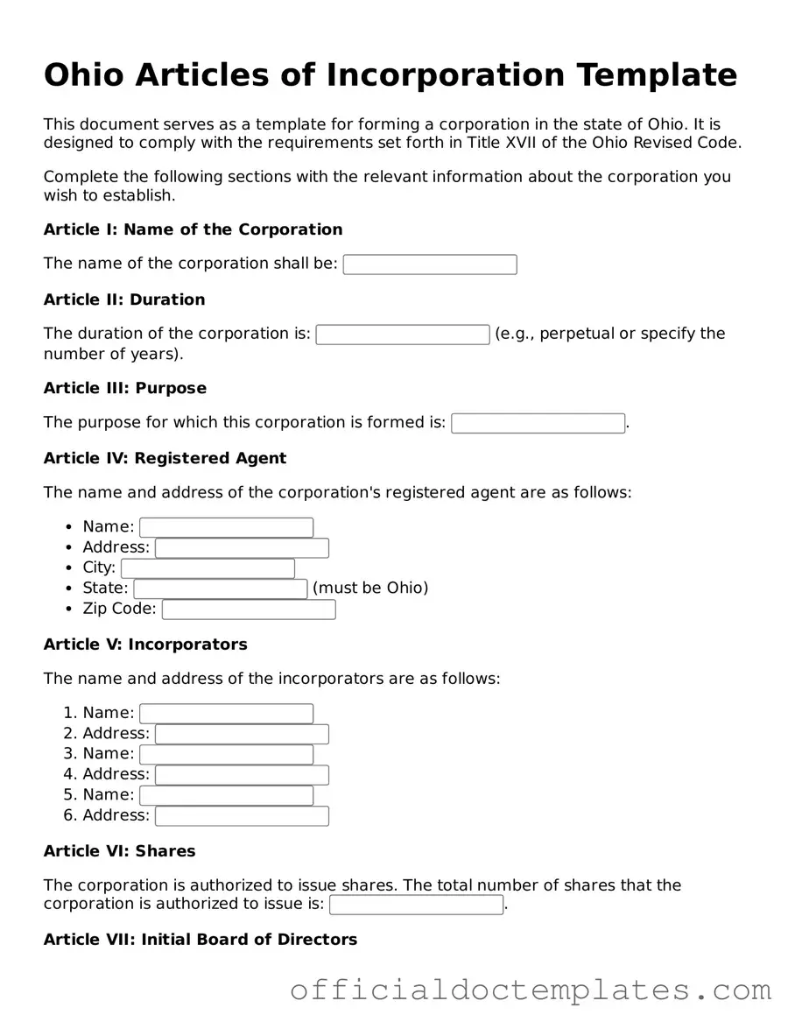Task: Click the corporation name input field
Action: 430,264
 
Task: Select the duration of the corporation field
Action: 403,335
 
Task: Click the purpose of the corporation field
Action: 538,423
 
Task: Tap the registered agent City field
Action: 208,568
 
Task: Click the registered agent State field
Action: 221,589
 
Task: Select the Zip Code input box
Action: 249,610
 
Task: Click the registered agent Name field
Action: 226,527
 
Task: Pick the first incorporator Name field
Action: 226,714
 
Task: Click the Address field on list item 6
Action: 242,816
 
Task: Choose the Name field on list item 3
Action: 226,754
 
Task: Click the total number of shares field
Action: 416,905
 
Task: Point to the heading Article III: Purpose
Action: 125,388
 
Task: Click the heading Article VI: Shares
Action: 120,851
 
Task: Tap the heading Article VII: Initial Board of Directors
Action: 201,940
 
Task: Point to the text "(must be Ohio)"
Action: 370,588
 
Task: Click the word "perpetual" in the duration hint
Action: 577,334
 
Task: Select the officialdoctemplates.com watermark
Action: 531,990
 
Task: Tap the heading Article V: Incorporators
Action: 145,645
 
